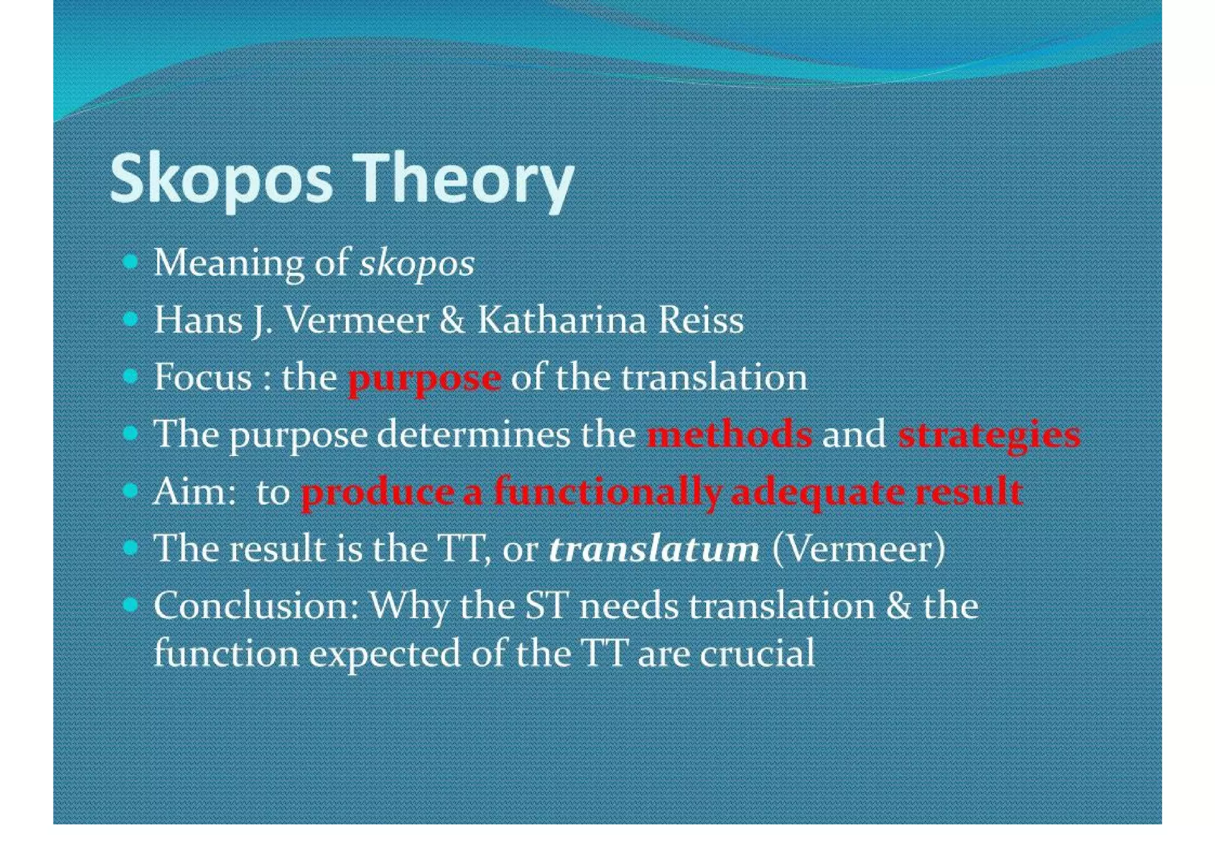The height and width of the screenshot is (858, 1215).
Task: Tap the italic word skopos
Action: tap(417, 263)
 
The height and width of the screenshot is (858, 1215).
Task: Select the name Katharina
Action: tap(561, 320)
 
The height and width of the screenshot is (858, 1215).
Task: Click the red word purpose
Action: tap(424, 378)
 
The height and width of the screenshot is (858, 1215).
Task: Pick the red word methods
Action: tap(729, 434)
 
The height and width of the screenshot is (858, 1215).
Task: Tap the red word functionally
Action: tap(608, 492)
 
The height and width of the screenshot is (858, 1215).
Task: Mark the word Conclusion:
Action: tap(256, 606)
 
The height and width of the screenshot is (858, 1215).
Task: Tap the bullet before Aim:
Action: tap(131, 491)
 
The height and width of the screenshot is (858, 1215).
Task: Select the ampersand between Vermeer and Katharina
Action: tap(453, 320)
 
